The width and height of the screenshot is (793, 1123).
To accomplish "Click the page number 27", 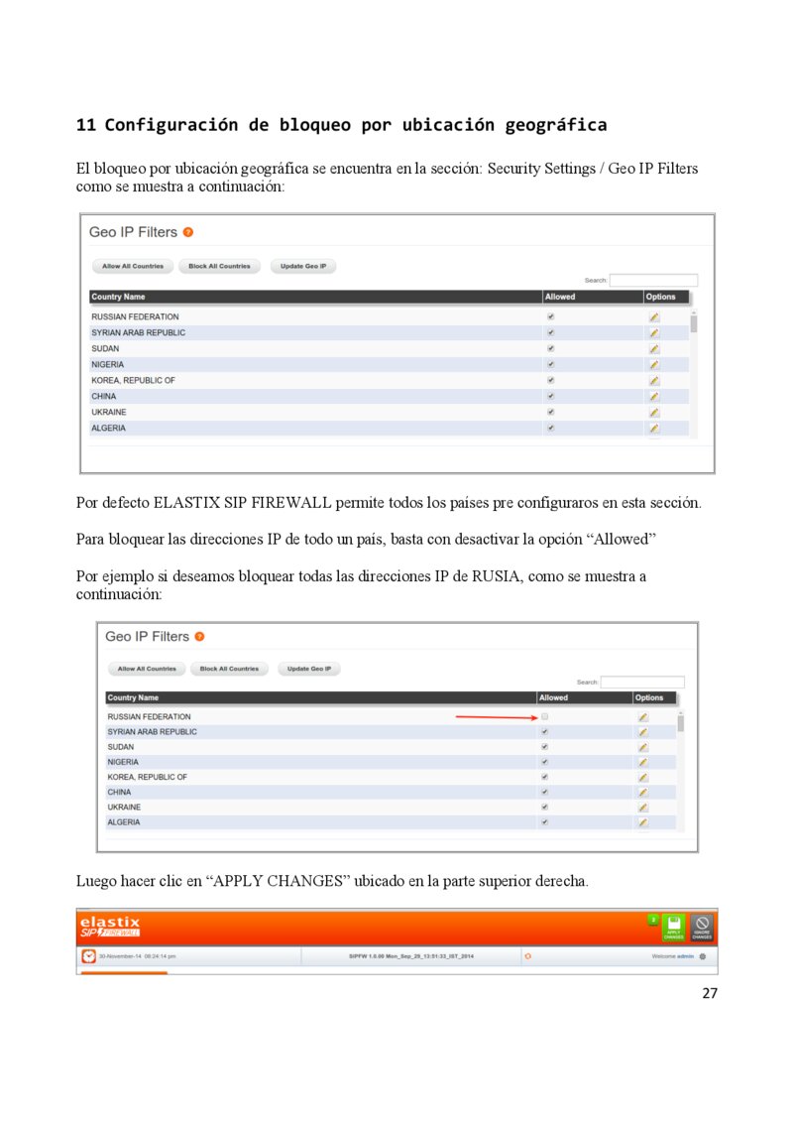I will coord(709,993).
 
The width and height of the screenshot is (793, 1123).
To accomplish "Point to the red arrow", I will coord(495,716).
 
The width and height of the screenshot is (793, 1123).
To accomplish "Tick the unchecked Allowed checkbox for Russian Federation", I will coord(544,716).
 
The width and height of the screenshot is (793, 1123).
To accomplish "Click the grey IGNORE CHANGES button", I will coord(702,929).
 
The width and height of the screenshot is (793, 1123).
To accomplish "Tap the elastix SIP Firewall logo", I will coord(110,927).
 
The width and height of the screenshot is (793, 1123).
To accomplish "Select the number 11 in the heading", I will coord(86,125).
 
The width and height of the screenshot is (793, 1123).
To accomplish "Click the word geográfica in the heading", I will coord(555,125).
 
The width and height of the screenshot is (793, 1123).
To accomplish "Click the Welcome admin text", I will coord(672,956).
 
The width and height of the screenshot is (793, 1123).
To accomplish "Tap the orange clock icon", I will coord(88,956).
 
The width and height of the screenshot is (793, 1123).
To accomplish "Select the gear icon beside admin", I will coord(702,956).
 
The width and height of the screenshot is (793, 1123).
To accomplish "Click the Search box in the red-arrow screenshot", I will coord(642,682).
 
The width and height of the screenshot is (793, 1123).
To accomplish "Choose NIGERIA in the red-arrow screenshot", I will coord(124,762).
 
